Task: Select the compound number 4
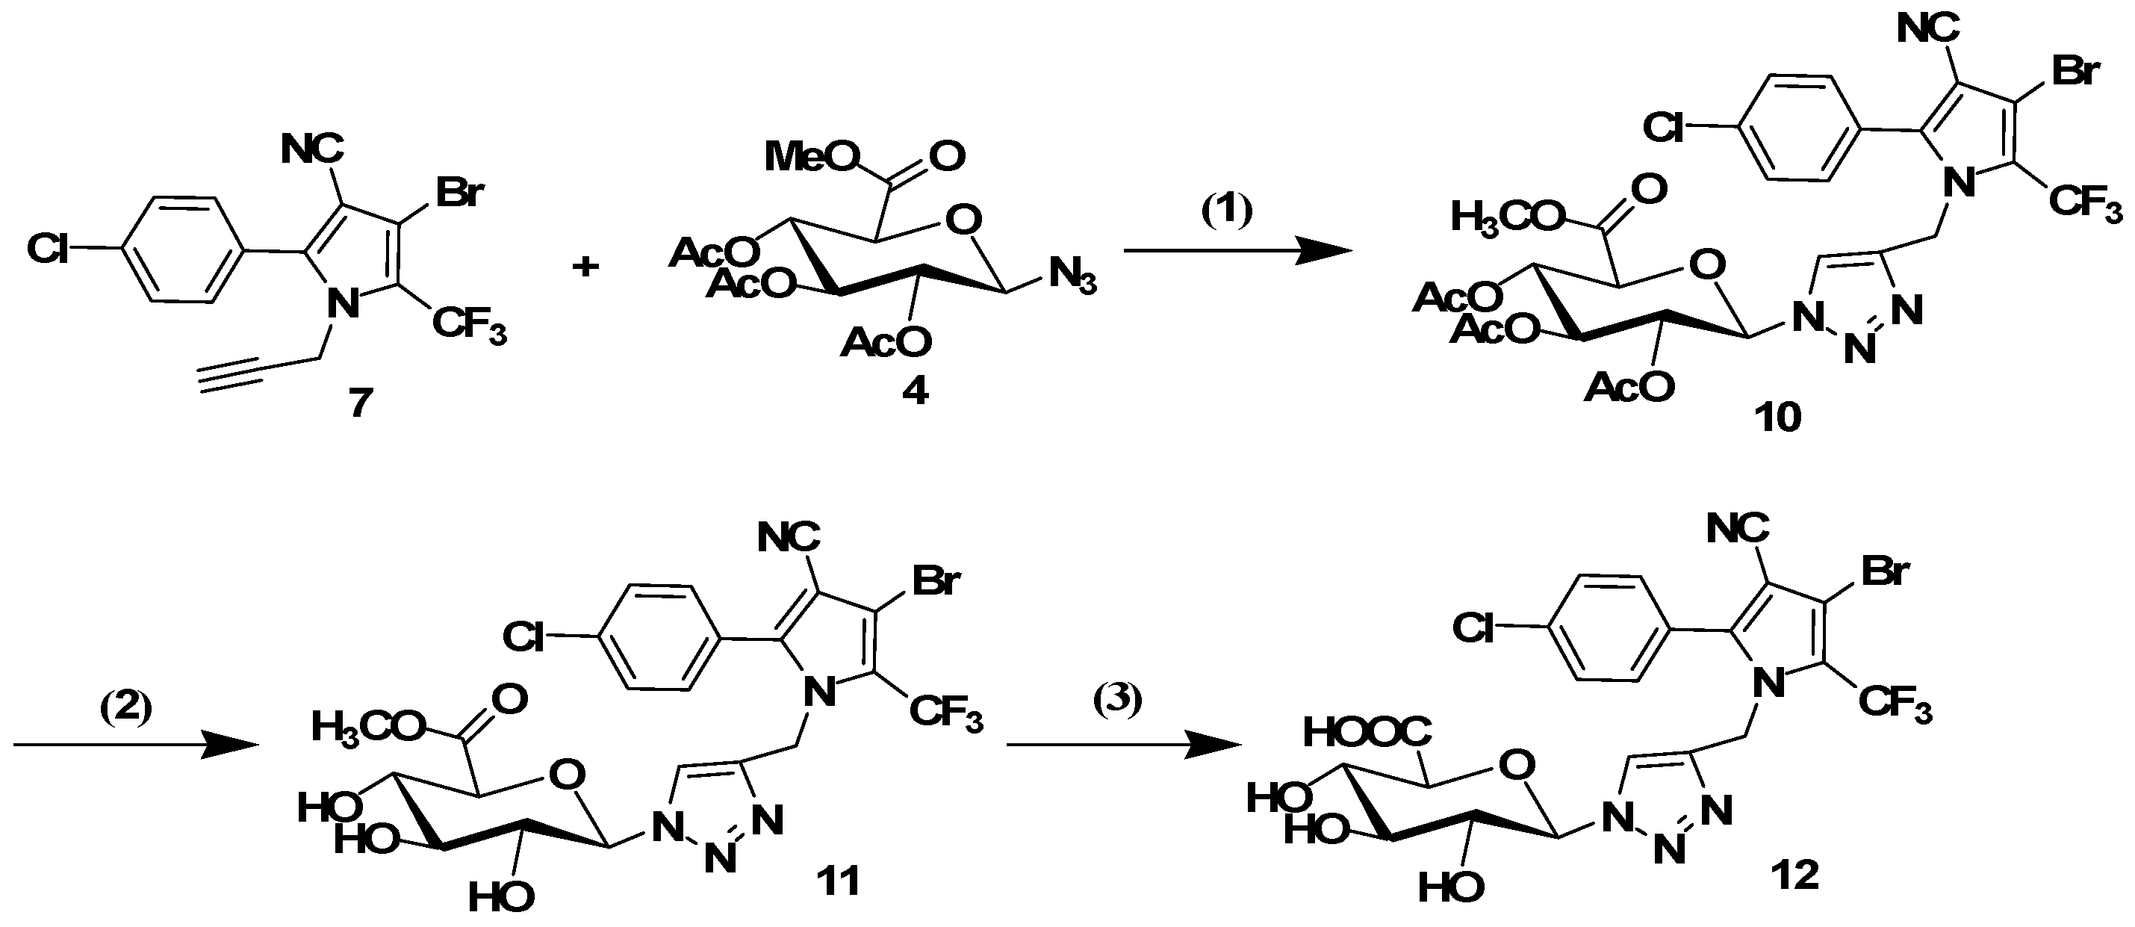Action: [914, 391]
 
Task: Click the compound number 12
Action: [1794, 875]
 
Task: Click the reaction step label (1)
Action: [1228, 211]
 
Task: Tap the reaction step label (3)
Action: [1116, 701]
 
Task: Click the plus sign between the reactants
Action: [586, 267]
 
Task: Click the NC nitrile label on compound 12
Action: [1738, 528]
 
